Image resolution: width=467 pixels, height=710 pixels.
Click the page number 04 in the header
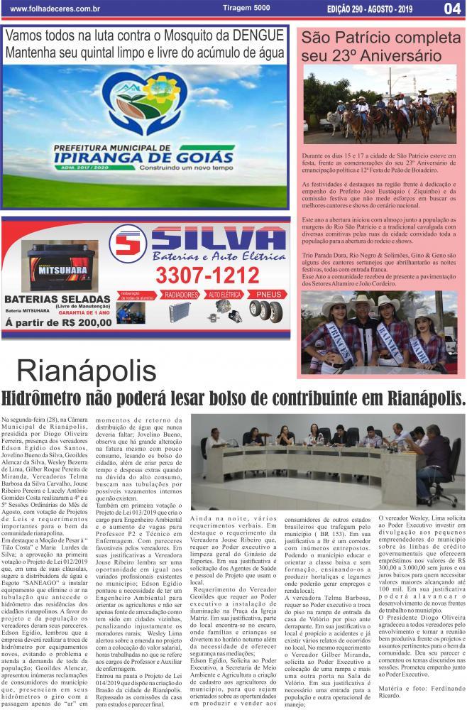point(451,9)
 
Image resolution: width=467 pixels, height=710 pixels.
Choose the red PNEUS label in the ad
point(268,293)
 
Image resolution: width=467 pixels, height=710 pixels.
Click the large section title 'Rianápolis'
point(87,371)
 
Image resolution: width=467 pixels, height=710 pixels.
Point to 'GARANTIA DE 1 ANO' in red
point(84,311)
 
